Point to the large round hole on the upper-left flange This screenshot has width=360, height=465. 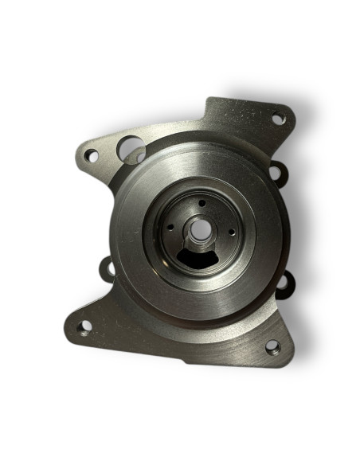pos(128,147)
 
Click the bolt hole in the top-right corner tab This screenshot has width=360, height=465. pos(278,119)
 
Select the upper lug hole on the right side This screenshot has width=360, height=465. pos(275,170)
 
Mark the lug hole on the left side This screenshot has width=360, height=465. pos(109,267)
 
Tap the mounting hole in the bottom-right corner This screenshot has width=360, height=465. pos(272,346)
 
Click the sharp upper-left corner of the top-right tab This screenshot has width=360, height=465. pos(209,99)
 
